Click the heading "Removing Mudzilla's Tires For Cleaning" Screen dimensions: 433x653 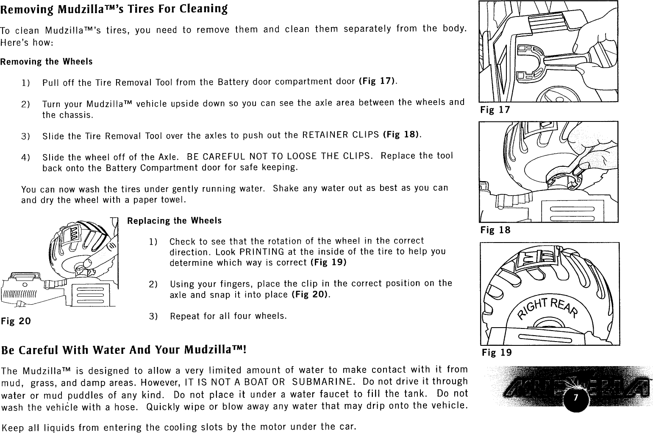(114, 9)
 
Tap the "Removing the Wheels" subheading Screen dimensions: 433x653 (46, 62)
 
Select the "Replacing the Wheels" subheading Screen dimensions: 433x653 (174, 221)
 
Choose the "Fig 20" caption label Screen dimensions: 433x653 (16, 321)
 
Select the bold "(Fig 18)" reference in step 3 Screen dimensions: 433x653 (401, 135)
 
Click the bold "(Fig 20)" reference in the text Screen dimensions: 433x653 (310, 294)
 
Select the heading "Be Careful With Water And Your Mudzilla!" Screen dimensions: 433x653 (124, 351)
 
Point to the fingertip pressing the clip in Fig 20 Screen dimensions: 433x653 (88, 263)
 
